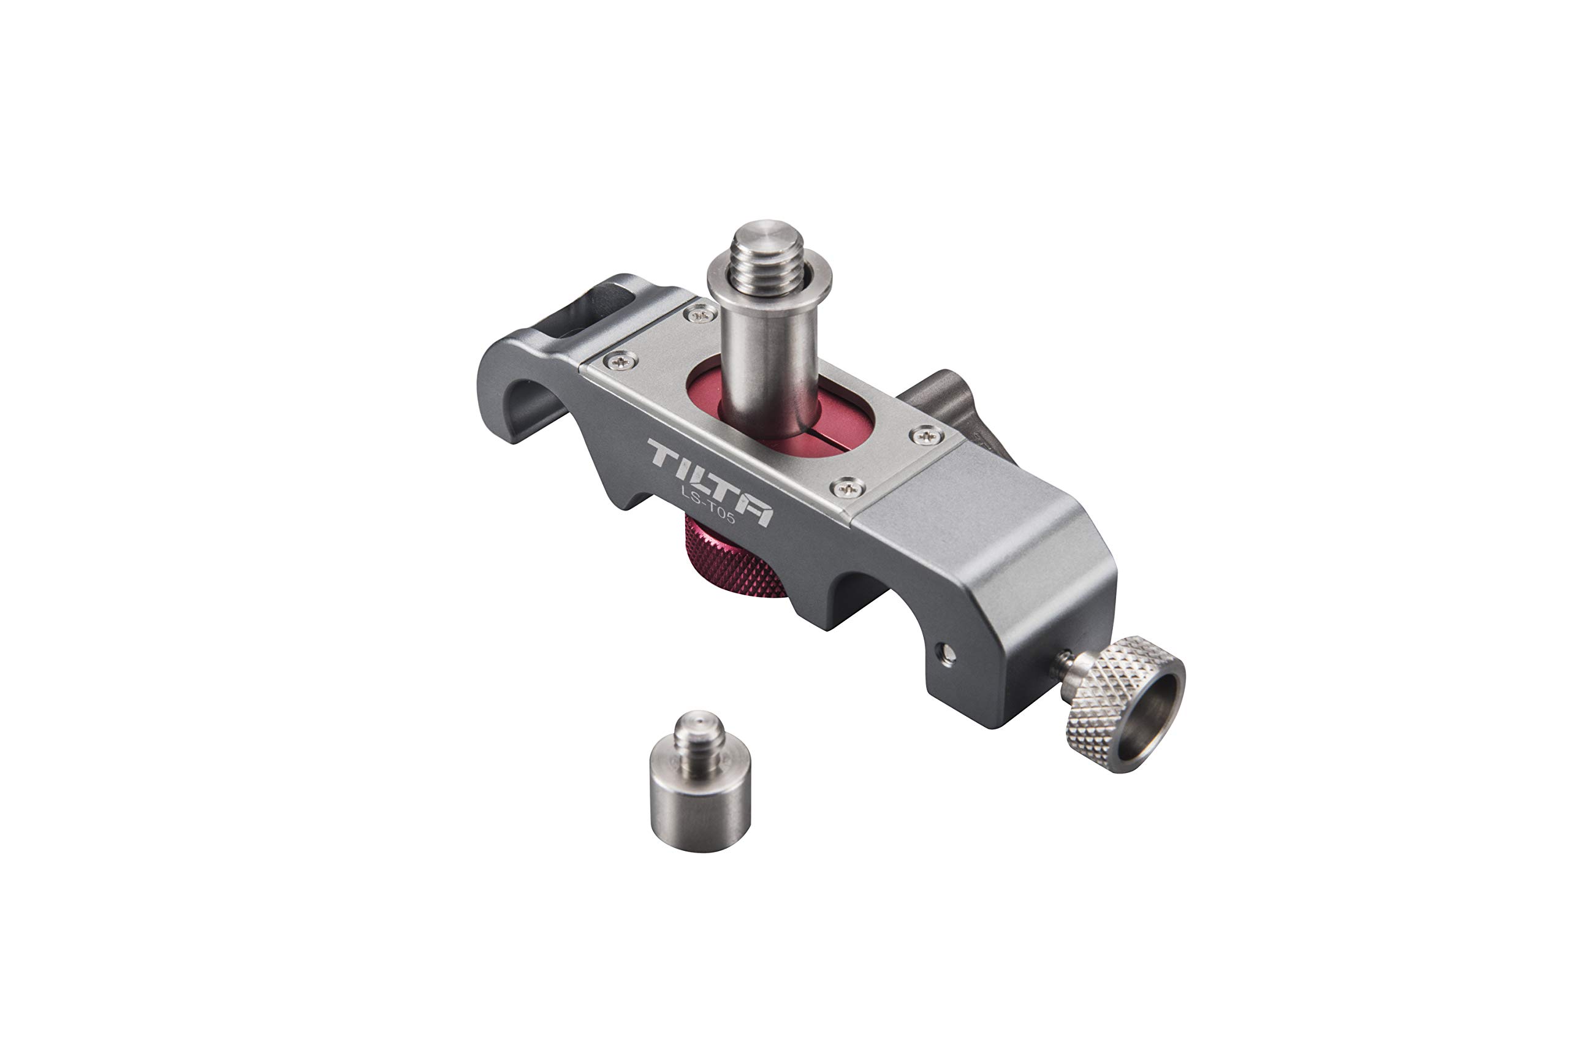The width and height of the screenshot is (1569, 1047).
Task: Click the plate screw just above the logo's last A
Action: [848, 489]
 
